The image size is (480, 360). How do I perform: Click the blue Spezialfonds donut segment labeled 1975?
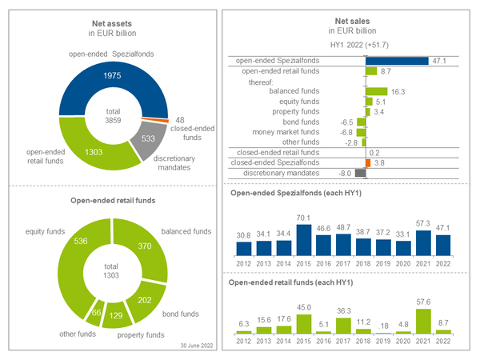point(112,74)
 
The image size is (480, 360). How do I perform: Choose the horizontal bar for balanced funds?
point(376,91)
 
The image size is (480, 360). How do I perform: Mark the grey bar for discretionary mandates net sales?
point(360,173)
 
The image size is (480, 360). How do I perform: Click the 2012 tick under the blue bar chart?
point(244,262)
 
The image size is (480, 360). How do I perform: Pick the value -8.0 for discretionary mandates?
point(345,173)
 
